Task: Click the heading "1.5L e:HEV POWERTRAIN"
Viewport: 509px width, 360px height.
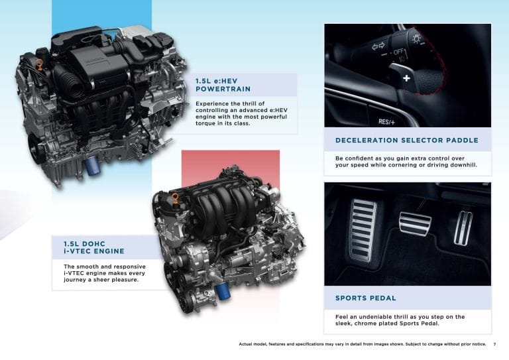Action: [223, 85]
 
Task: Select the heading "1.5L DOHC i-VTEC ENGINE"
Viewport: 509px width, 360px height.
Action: [94, 247]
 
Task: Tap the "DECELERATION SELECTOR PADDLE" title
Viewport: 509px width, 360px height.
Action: [407, 141]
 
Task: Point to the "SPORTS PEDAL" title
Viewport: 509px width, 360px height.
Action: [366, 298]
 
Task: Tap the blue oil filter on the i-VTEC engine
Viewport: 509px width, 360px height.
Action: [222, 290]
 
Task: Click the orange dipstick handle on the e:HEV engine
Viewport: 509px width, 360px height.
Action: [39, 64]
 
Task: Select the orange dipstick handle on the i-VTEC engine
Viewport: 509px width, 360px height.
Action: [176, 198]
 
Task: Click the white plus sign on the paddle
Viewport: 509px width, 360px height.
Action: [406, 78]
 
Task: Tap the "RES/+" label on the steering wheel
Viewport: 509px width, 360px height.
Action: [386, 122]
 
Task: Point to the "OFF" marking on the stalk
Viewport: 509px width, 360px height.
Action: [398, 52]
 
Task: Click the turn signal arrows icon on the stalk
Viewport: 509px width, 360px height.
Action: [378, 46]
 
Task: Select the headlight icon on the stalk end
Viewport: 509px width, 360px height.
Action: [416, 39]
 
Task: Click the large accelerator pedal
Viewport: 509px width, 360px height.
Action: [363, 229]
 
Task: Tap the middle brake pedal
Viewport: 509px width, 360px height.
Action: [415, 225]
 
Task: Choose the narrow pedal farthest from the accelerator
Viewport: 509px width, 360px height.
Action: [463, 228]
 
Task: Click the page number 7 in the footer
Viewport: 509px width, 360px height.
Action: [494, 344]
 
